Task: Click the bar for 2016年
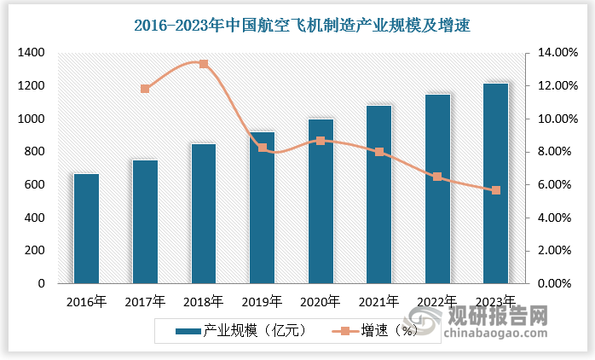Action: [x=86, y=229]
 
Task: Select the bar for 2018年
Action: [x=204, y=213]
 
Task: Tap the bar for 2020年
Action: [x=321, y=201]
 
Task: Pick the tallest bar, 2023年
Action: [x=495, y=183]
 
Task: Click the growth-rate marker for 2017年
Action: [x=145, y=89]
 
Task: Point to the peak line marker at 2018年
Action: [x=204, y=63]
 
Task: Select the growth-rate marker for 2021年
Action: [x=379, y=152]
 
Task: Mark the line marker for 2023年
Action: [x=496, y=189]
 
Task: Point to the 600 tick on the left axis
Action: [x=33, y=185]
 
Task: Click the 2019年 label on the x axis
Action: [x=261, y=301]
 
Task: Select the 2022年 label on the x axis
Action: [x=436, y=301]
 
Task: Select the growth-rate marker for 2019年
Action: [x=263, y=148]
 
